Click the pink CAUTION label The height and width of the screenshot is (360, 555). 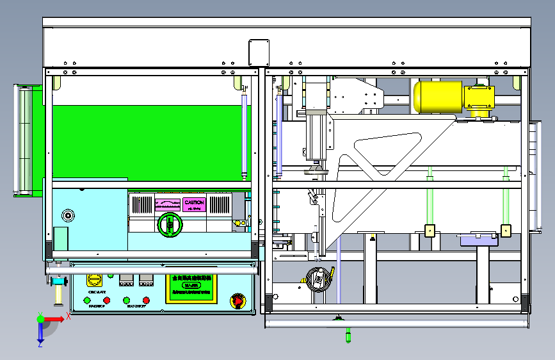(194, 204)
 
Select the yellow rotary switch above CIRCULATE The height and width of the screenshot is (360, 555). (94, 280)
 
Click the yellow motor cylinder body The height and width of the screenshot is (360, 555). (438, 95)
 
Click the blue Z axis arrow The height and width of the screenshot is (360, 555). (40, 333)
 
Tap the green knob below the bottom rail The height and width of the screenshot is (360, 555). (348, 334)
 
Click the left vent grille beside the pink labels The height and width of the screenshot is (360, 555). (141, 204)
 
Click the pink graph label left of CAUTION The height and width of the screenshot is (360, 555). (168, 204)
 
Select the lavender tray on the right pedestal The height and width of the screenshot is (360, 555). (478, 240)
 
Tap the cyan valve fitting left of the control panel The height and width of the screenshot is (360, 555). (60, 282)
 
